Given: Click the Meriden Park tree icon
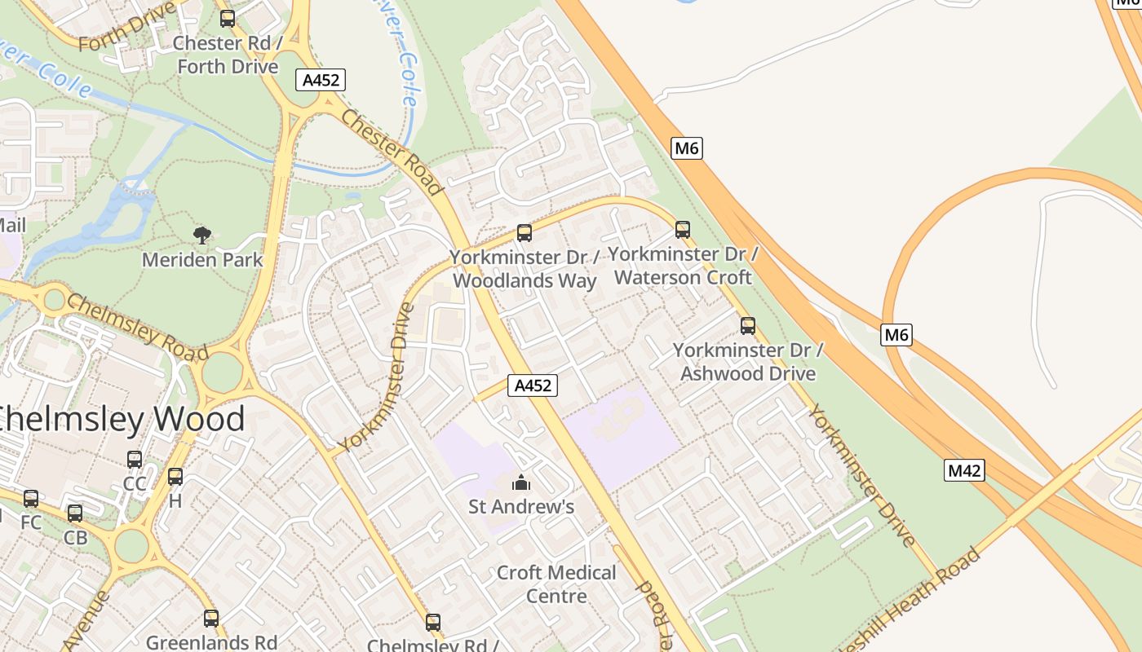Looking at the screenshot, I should (x=202, y=236).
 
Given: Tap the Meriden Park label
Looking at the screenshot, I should (x=202, y=260).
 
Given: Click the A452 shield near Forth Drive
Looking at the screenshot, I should (x=321, y=80).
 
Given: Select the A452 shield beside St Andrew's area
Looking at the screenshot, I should (x=533, y=385).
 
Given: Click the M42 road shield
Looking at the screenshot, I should (x=964, y=470).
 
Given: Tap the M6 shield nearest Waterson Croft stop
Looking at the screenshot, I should (x=687, y=148).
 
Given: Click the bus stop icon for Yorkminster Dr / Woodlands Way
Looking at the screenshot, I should (x=525, y=233).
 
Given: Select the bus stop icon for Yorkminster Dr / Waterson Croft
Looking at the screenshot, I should (x=683, y=230).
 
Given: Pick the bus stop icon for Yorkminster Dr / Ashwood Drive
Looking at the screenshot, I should (x=748, y=326).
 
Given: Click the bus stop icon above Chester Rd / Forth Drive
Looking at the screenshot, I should (x=228, y=18).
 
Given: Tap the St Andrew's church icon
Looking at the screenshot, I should (x=521, y=482).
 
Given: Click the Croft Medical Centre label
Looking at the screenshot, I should (x=556, y=584).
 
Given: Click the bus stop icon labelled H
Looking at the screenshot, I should (x=175, y=477).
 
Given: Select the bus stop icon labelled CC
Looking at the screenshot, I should (x=135, y=460).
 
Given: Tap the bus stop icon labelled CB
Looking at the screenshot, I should (x=75, y=513).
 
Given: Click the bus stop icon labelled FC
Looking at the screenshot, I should (x=31, y=498).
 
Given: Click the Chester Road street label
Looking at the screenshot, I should (x=392, y=152).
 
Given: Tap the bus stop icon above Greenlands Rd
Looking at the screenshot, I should (x=211, y=619).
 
